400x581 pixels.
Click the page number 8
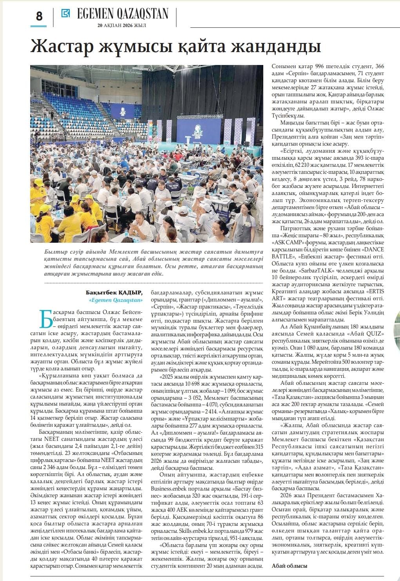(39, 16)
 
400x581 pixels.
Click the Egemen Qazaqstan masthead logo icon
(65, 13)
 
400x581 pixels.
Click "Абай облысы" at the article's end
(290, 566)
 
